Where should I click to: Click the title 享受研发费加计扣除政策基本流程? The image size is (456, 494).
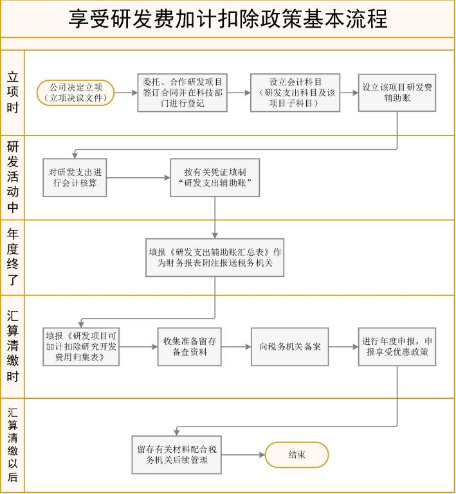[x=228, y=19]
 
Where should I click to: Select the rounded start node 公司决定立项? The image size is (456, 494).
[x=76, y=93]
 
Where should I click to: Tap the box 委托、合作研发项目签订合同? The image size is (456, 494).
[x=182, y=93]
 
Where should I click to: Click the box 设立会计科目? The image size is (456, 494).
[x=295, y=93]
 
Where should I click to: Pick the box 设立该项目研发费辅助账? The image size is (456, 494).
[x=397, y=93]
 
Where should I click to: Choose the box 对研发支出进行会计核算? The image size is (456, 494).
[x=75, y=178]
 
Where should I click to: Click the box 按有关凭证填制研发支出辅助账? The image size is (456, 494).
[x=215, y=178]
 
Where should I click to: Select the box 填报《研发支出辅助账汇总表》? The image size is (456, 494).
[x=215, y=258]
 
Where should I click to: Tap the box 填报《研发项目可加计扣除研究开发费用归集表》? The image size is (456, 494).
[x=81, y=346]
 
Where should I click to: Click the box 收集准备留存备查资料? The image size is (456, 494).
[x=190, y=346]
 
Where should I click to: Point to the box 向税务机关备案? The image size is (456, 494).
[x=290, y=346]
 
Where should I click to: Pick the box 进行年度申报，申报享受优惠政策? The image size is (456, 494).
[x=397, y=346]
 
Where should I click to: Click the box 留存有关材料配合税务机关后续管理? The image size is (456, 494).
[x=177, y=455]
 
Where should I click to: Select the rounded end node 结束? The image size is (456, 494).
[x=296, y=455]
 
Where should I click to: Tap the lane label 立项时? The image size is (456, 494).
[x=13, y=93]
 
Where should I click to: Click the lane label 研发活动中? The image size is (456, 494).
[x=13, y=177]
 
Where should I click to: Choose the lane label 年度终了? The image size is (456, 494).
[x=13, y=258]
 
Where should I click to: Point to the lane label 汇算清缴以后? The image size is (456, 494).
[x=13, y=445]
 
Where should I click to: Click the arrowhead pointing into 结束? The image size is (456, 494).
[x=262, y=455]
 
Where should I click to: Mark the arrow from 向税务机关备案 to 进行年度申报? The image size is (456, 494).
[x=343, y=346]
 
